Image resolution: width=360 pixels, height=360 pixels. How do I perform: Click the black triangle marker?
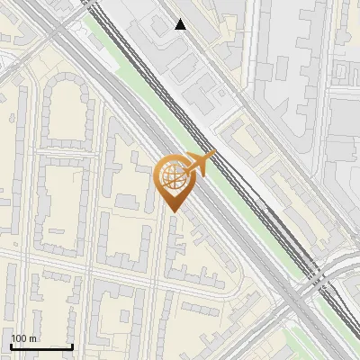coord(181,24)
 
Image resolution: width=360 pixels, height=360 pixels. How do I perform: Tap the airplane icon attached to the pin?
coord(199,164)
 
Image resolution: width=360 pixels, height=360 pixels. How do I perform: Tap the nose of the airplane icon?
coord(214,156)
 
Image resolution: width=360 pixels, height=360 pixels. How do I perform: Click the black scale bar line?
coord(40,346)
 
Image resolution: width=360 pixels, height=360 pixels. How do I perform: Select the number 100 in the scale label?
coord(19,338)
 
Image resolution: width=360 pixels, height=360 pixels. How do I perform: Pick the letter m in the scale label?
coord(32,338)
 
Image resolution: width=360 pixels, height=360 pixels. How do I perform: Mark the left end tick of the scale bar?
coord(10,345)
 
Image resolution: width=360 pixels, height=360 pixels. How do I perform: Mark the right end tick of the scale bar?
coord(72,345)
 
